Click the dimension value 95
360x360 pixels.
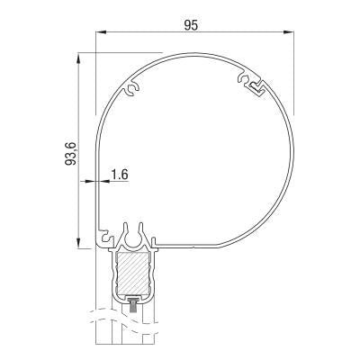click(191, 25)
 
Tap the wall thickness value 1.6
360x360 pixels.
click(118, 174)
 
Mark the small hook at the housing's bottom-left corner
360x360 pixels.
click(102, 246)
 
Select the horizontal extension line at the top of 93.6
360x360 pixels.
click(117, 53)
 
